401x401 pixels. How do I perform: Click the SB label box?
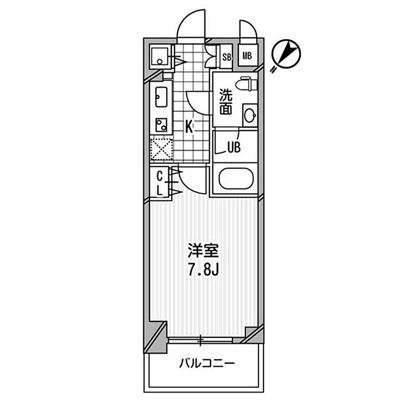[226, 57]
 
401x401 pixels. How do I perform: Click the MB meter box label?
[247, 56]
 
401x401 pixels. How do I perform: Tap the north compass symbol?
[286, 54]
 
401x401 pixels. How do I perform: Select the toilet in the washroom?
[246, 84]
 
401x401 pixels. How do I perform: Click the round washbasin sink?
[250, 116]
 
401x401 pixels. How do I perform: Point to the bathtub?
[236, 179]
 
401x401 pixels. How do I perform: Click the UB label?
[234, 148]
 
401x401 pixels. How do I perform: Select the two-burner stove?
[162, 125]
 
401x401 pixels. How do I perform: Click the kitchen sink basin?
[161, 97]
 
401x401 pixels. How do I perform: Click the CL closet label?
[160, 183]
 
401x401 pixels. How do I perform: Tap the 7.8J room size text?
[203, 270]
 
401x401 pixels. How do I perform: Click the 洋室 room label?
[203, 251]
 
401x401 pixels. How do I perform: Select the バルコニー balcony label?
[206, 363]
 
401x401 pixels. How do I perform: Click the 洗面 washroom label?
[226, 101]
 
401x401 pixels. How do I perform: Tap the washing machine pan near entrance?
[159, 57]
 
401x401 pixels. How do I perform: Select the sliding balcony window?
[200, 340]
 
